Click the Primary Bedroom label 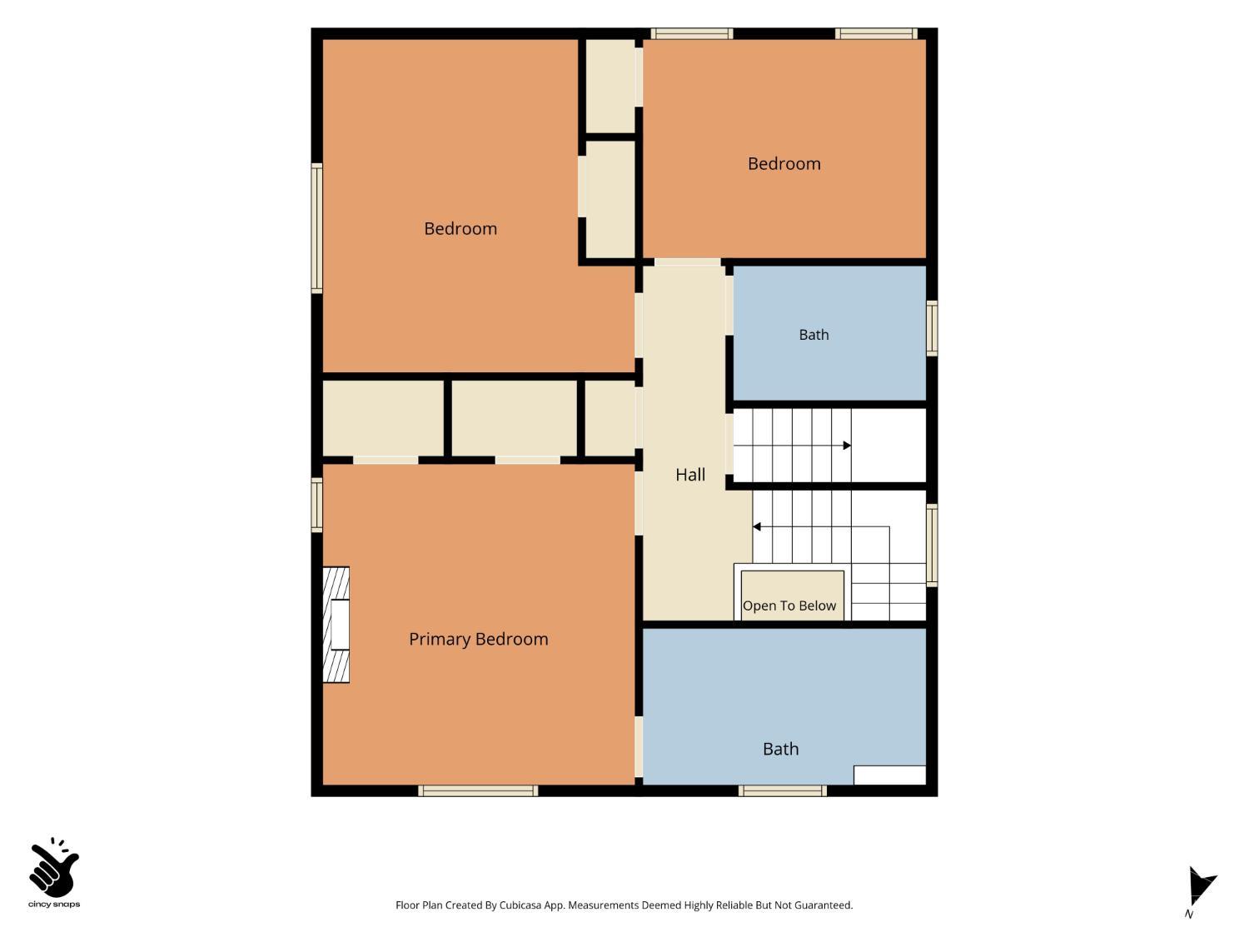[x=478, y=639]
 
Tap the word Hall [x=689, y=474]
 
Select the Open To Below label [x=789, y=606]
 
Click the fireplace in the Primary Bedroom [x=336, y=624]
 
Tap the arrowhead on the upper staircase [x=847, y=445]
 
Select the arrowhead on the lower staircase [x=757, y=526]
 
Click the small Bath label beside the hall [x=814, y=335]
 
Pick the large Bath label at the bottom [x=780, y=749]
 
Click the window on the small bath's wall [x=931, y=328]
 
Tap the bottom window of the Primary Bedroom [x=477, y=790]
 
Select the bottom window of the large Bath [x=782, y=790]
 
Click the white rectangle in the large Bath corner [x=889, y=775]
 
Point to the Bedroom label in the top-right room [x=784, y=164]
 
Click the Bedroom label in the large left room [x=460, y=229]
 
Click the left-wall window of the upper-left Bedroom [x=317, y=228]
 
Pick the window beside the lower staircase [x=931, y=545]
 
